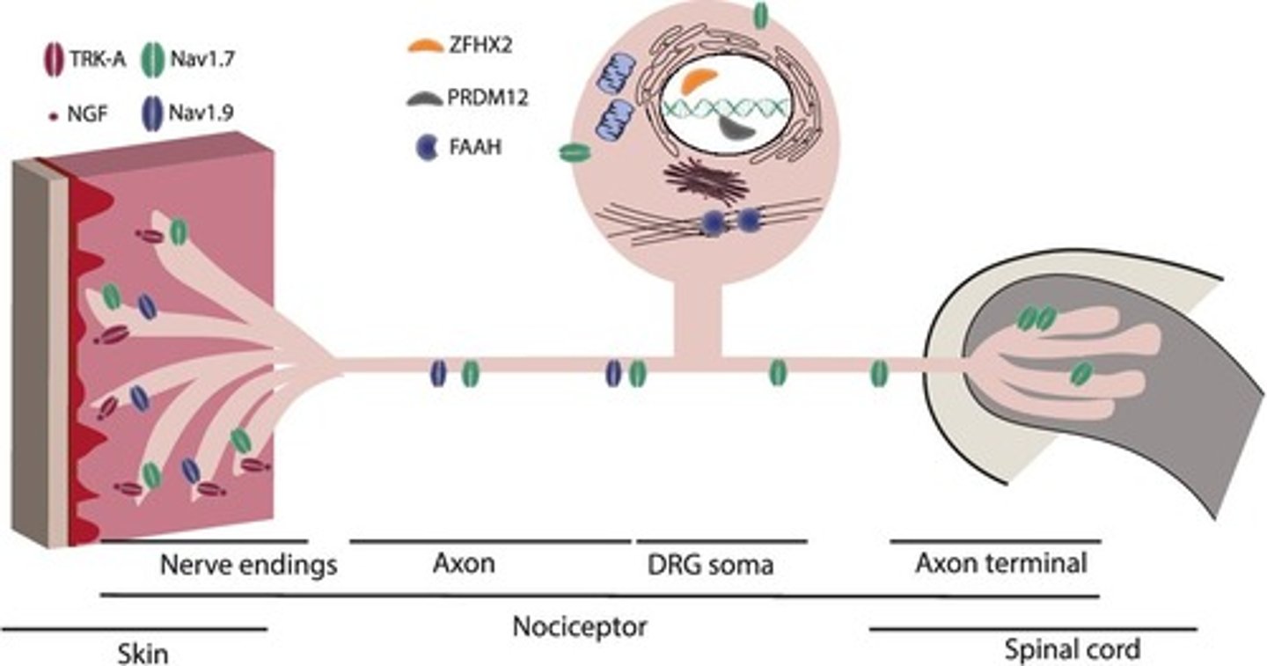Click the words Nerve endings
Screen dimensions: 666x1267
[249, 564]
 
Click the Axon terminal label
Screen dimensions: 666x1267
[1000, 563]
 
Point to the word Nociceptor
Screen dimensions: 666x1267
[580, 627]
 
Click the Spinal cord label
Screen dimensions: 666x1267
[1072, 650]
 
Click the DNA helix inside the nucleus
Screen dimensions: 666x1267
[721, 106]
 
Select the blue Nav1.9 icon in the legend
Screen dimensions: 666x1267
[153, 114]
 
